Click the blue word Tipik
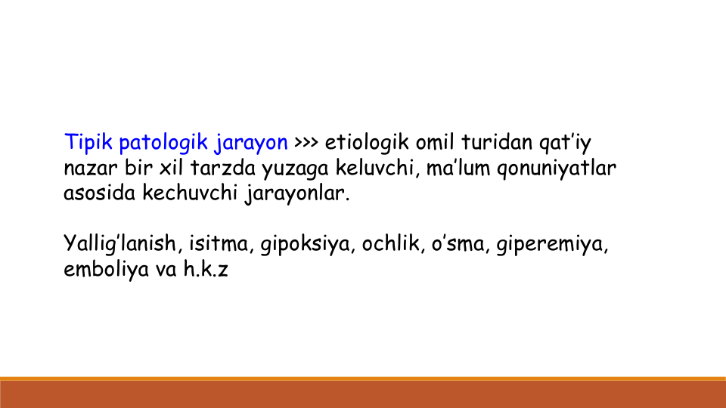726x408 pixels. tap(88, 142)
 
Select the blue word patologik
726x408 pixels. tap(163, 143)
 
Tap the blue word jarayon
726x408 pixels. tap(251, 144)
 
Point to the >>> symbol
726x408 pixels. tap(306, 142)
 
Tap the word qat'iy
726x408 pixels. tap(565, 143)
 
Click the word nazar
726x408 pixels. tap(91, 168)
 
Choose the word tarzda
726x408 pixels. tap(222, 168)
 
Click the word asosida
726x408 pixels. tap(99, 193)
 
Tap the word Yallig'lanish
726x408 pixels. tap(119, 243)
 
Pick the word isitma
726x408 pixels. tap(219, 244)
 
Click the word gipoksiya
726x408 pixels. tap(305, 245)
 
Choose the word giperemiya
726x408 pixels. tap(550, 245)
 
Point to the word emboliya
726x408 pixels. tap(106, 270)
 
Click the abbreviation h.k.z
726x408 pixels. tap(206, 269)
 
